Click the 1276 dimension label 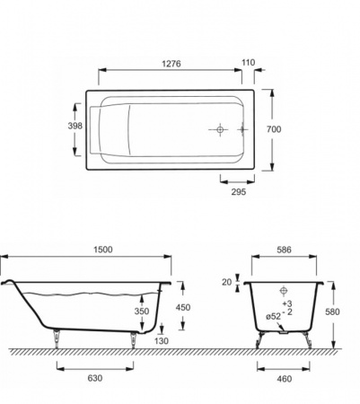coord(171,64)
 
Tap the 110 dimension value coord(249,63)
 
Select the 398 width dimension coord(75,126)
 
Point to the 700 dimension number coord(274,129)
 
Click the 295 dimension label coord(239,192)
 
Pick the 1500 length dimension coord(103,250)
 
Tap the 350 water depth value coord(142,312)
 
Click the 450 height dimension coord(183,308)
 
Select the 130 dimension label coord(162,341)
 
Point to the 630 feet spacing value coord(95,378)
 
